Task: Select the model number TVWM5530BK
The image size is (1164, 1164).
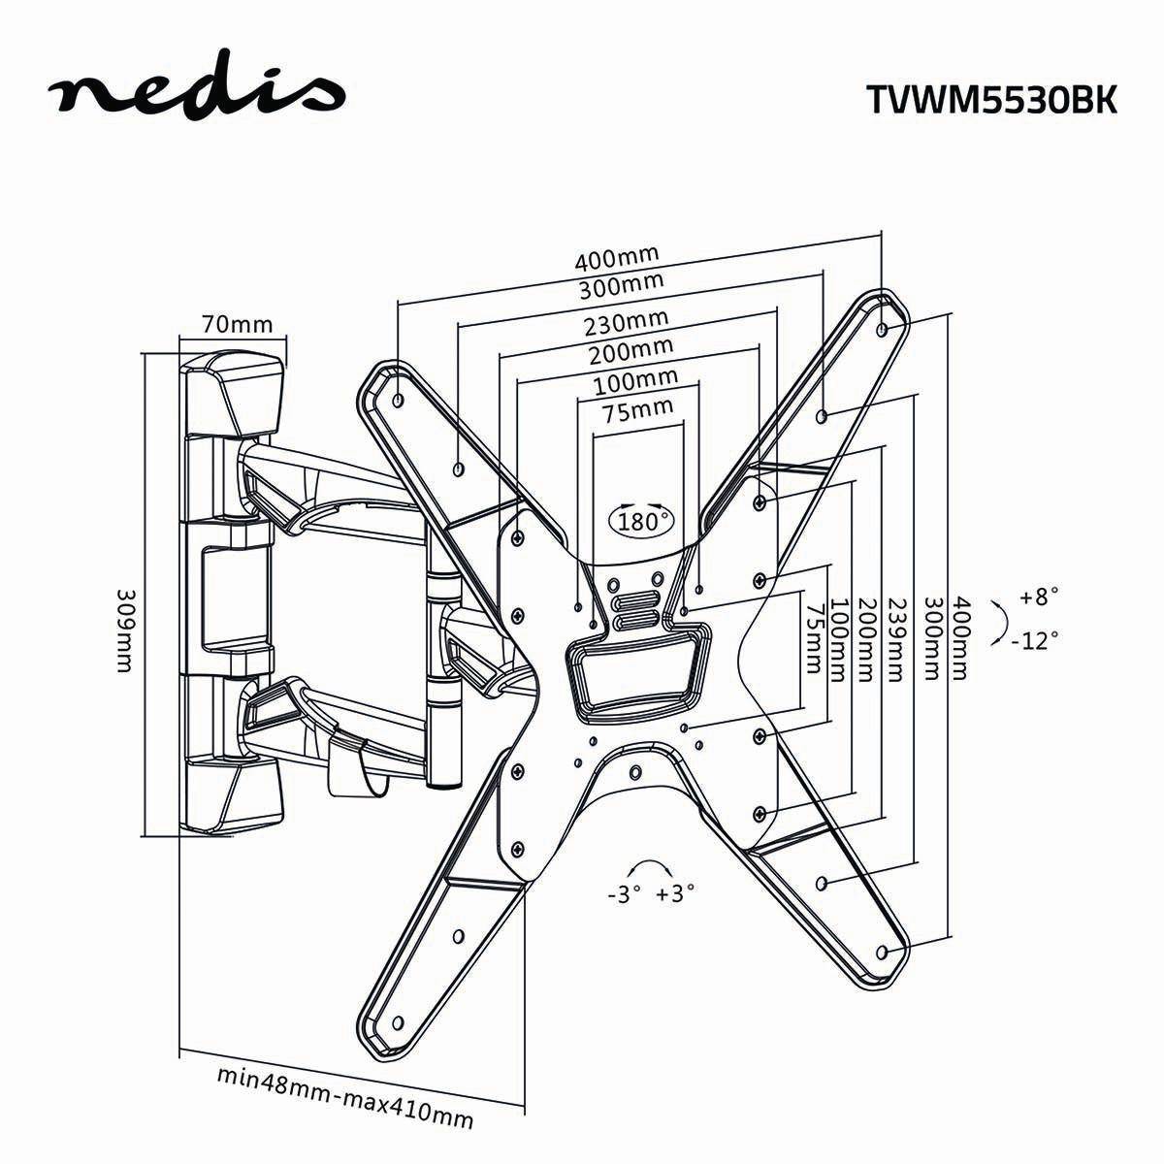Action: (990, 99)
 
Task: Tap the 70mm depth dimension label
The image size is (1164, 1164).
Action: (238, 324)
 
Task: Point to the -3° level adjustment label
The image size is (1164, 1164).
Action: (618, 893)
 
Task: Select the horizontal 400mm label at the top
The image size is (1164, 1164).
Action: (617, 259)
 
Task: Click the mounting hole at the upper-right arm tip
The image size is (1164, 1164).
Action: (881, 330)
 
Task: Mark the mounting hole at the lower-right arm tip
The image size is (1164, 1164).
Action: (881, 952)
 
